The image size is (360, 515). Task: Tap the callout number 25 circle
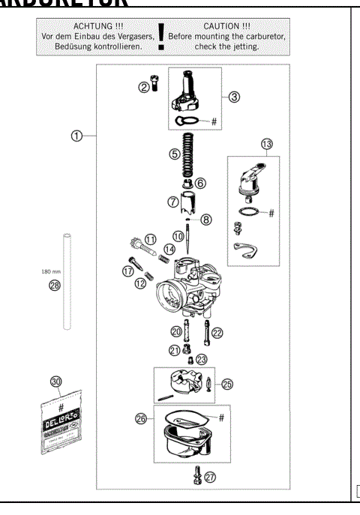[x=228, y=382]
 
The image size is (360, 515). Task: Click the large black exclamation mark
[x=160, y=37]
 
